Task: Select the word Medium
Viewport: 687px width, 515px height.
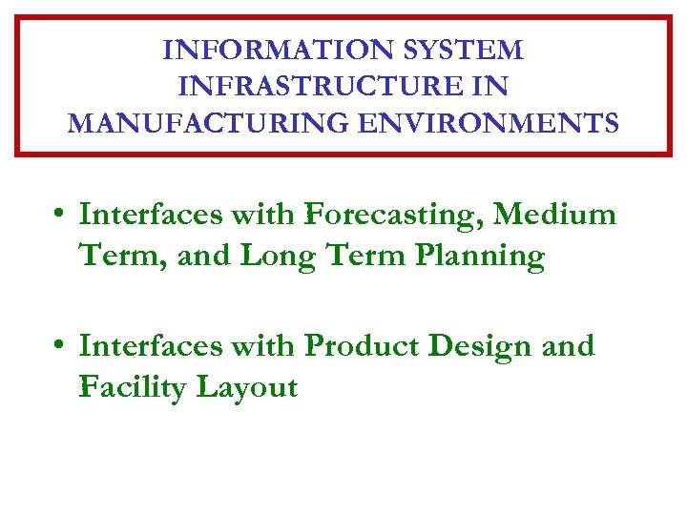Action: (562, 215)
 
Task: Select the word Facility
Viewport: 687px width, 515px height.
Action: (133, 388)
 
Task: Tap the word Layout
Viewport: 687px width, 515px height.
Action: (247, 388)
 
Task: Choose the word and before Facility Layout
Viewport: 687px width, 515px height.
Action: (568, 346)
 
